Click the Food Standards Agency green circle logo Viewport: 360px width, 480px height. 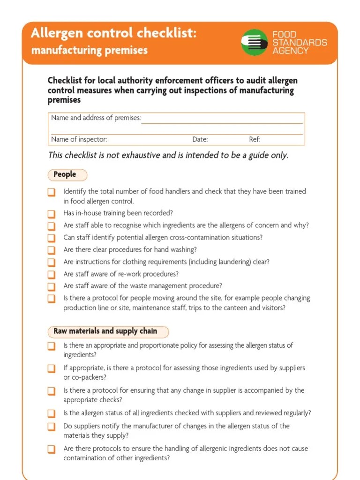tap(254, 43)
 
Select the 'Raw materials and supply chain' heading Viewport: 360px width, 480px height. tap(105, 331)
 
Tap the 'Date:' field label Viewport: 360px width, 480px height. tap(200, 139)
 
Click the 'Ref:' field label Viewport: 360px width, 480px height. tap(255, 139)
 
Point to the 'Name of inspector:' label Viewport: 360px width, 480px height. tap(79, 139)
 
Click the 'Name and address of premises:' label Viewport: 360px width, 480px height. tap(96, 118)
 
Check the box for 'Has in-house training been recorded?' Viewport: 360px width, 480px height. tap(51, 214)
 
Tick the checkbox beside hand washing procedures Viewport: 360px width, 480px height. tap(51, 250)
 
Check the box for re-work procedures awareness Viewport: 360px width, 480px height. tap(51, 275)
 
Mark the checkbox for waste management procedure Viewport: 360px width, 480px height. tap(51, 286)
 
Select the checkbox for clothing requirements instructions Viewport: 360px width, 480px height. tap(51, 262)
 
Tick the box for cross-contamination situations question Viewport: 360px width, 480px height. tap(51, 238)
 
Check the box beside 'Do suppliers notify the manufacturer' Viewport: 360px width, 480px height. tap(51, 427)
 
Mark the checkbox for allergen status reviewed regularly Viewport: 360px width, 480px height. tap(51, 414)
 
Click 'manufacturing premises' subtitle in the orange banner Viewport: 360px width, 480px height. tap(89, 50)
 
